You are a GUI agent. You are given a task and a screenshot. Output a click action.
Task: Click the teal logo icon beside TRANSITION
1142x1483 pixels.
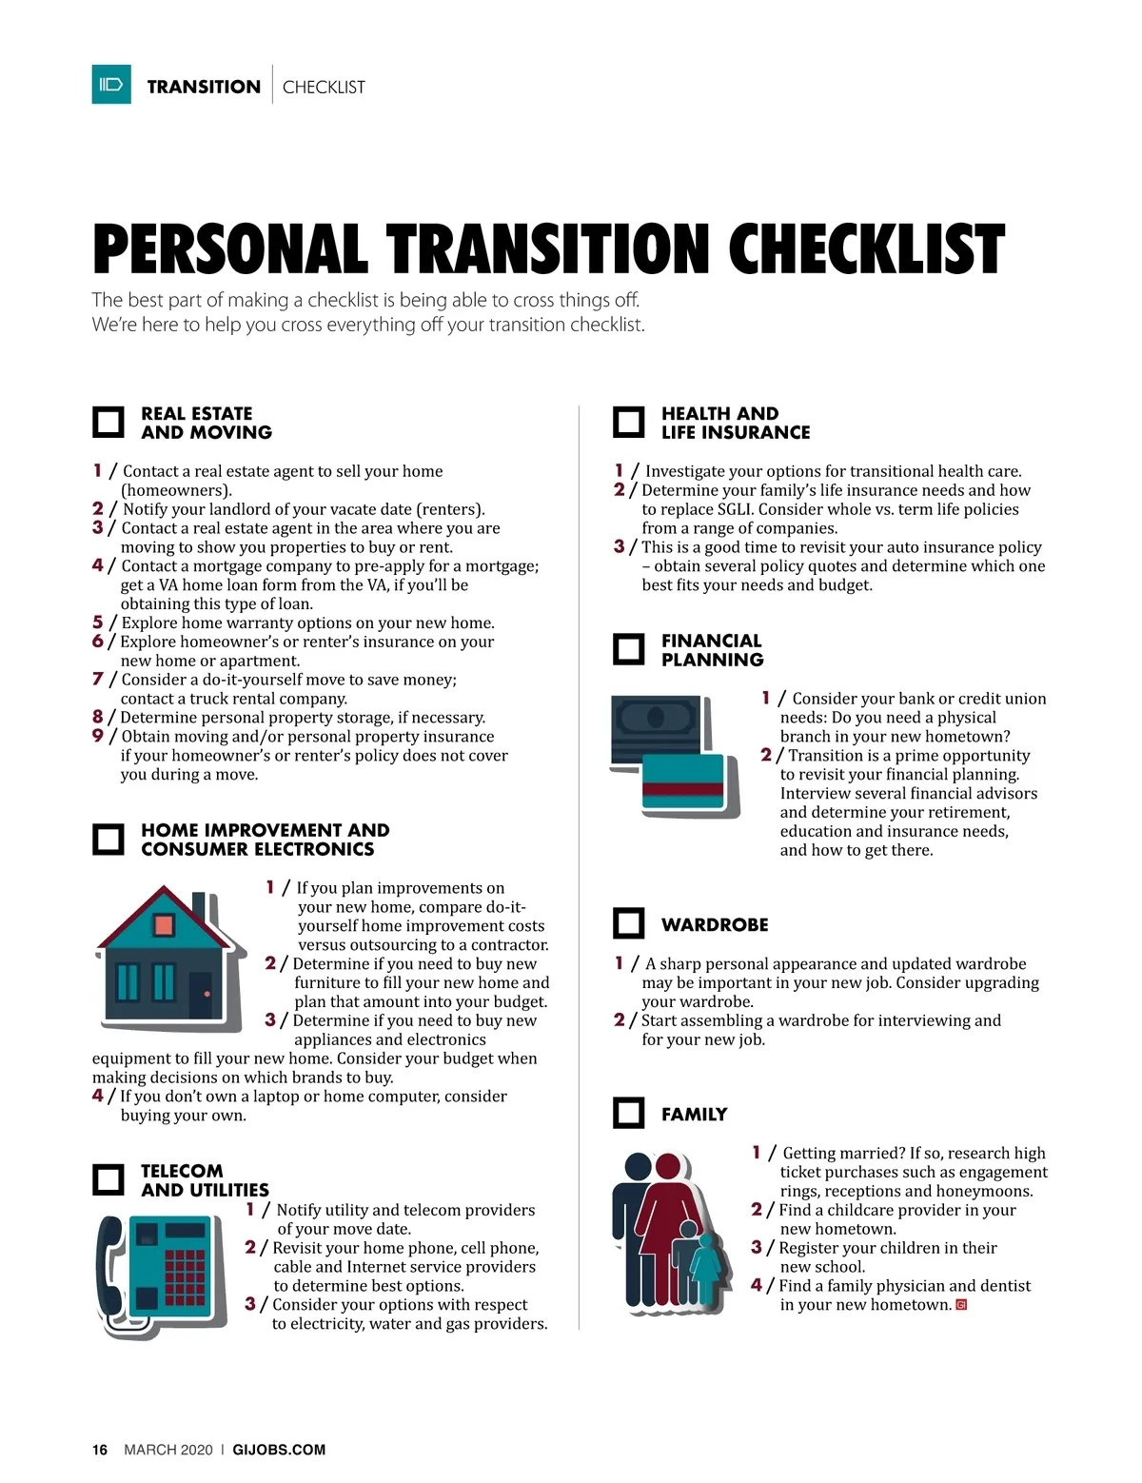[111, 84]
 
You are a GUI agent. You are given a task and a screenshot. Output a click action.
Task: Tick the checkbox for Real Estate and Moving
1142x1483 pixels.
[108, 422]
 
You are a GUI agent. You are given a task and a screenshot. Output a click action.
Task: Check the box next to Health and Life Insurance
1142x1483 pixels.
[628, 422]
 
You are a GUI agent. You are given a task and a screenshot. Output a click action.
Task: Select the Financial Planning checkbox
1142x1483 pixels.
[628, 649]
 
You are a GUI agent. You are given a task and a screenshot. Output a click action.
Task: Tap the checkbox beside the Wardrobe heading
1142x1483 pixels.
[628, 923]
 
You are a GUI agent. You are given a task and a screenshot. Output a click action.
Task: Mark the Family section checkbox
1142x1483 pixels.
[628, 1113]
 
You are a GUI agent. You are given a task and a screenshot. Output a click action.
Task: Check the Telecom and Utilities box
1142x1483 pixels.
[108, 1179]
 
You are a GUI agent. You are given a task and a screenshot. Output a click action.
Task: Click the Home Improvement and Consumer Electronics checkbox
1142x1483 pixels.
[108, 839]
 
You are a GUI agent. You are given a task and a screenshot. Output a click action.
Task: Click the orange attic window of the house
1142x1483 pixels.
[164, 925]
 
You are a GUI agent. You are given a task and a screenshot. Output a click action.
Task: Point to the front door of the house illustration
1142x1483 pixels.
[201, 995]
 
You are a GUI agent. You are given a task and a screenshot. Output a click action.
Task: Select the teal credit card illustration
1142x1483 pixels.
[683, 781]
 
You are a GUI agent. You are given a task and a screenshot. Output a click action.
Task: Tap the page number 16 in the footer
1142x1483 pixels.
[100, 1450]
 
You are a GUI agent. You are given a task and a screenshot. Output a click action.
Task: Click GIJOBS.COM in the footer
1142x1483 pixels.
[279, 1450]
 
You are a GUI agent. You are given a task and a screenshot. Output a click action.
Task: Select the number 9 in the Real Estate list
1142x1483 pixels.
[98, 736]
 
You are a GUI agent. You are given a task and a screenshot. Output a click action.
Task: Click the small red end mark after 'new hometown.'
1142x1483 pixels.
[961, 1305]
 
